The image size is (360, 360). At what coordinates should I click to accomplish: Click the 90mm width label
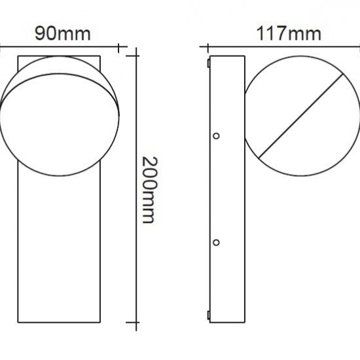(x=62, y=33)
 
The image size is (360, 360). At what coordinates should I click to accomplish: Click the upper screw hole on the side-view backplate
(x=216, y=135)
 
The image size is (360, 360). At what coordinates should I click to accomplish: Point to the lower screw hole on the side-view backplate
(x=216, y=242)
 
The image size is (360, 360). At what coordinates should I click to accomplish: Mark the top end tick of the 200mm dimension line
(x=136, y=56)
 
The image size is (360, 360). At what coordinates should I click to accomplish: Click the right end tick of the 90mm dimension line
(x=118, y=47)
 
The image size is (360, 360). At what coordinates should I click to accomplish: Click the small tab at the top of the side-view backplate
(x=208, y=63)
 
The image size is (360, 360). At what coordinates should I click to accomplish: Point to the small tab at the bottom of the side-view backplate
(x=208, y=314)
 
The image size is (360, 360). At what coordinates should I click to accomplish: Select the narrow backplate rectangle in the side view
(x=226, y=190)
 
